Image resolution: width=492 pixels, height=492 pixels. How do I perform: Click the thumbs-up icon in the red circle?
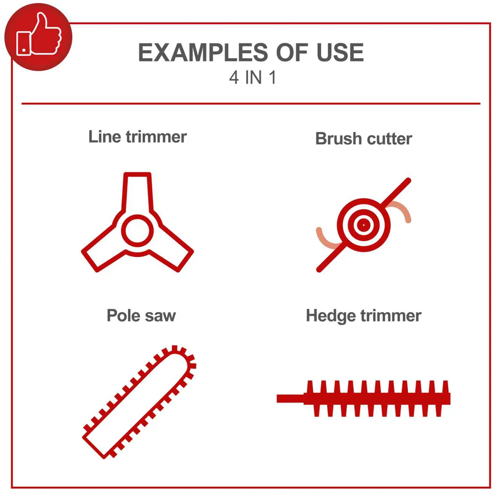click(38, 34)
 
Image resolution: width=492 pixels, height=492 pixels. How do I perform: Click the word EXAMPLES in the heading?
click(203, 53)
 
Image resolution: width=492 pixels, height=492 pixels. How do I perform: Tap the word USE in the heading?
click(340, 53)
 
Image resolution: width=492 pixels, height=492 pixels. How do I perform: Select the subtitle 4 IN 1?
click(252, 78)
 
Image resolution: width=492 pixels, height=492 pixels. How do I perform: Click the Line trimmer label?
click(137, 137)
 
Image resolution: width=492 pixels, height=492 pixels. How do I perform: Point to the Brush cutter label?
click(364, 139)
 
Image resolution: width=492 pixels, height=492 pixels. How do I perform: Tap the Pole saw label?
click(141, 315)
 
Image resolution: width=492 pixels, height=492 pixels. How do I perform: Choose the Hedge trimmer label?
click(364, 316)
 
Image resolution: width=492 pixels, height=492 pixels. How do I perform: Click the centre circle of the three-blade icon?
click(137, 231)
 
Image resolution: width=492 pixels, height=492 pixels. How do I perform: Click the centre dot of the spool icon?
click(364, 225)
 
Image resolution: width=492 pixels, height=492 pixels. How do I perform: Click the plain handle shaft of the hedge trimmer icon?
click(290, 399)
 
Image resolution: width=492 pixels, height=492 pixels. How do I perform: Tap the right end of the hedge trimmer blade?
click(449, 399)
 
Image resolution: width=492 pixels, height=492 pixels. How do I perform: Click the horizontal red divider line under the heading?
click(251, 103)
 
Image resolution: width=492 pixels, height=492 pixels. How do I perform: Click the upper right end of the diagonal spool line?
click(408, 181)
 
